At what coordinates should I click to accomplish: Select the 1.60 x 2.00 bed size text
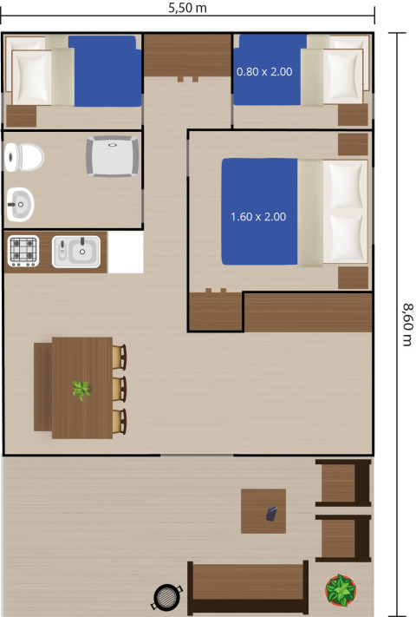click(x=258, y=216)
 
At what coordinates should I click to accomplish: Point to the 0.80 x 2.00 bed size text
click(x=264, y=71)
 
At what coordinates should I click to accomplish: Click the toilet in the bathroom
click(x=23, y=157)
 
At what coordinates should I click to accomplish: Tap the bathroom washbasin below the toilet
click(x=20, y=205)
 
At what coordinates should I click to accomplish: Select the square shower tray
click(x=113, y=157)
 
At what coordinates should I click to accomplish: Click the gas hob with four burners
click(x=23, y=252)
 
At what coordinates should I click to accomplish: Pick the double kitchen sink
click(x=76, y=252)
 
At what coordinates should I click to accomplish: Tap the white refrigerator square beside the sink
click(x=125, y=252)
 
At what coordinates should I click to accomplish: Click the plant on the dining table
click(x=81, y=390)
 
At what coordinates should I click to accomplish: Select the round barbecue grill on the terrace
click(x=167, y=596)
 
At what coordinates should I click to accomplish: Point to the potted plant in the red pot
click(x=341, y=590)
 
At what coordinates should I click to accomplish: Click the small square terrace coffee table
click(x=263, y=511)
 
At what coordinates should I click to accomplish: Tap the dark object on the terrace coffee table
click(x=272, y=515)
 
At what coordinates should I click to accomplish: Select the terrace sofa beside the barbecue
click(x=248, y=587)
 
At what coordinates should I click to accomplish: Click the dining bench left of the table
click(x=42, y=387)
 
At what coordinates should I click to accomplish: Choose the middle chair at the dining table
click(x=119, y=387)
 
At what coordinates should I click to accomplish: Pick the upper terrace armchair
click(x=343, y=482)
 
